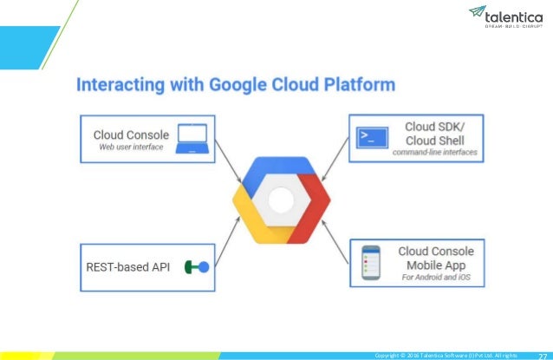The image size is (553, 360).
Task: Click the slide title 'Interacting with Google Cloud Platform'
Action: (236, 86)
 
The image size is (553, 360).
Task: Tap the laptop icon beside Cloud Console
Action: (191, 139)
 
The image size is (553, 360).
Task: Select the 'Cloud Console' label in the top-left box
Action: (130, 134)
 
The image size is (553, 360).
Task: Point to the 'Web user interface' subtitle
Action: (129, 148)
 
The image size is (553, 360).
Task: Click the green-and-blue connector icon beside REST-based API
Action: (197, 268)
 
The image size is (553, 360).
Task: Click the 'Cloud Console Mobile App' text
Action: (436, 258)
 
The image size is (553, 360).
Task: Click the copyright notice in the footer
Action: (446, 355)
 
